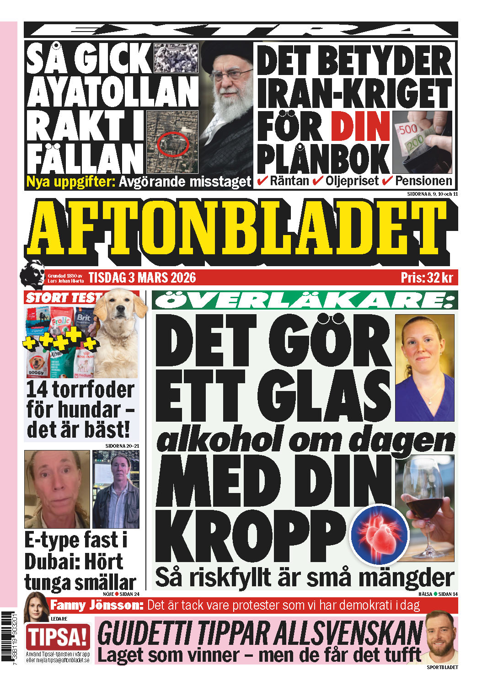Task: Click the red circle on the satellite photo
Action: click(x=173, y=144)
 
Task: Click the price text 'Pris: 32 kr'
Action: click(x=426, y=278)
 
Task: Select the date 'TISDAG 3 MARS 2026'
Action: click(x=142, y=278)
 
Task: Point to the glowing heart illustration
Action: click(x=380, y=535)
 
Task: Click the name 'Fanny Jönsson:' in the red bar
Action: click(x=97, y=605)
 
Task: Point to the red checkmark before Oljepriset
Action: click(x=318, y=181)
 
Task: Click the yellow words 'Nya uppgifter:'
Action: click(x=71, y=182)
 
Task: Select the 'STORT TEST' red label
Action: click(x=62, y=298)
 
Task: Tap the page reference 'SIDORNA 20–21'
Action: click(x=122, y=445)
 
